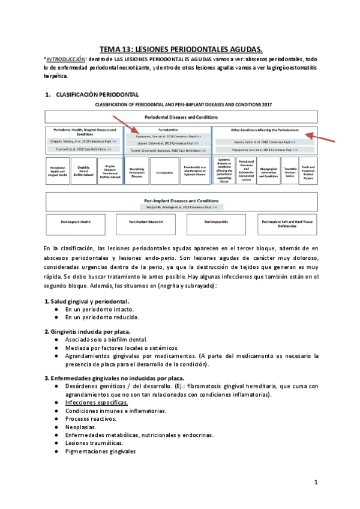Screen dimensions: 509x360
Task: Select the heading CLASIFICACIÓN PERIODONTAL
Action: [x=97, y=95]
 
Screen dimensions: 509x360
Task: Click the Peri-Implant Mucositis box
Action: [x=143, y=222]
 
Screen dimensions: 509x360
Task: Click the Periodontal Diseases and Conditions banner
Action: [x=181, y=116]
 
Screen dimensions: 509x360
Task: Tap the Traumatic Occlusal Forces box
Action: [x=289, y=171]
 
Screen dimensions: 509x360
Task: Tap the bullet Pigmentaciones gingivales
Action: [x=100, y=451]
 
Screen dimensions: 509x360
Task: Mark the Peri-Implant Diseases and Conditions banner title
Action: [x=181, y=199]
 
